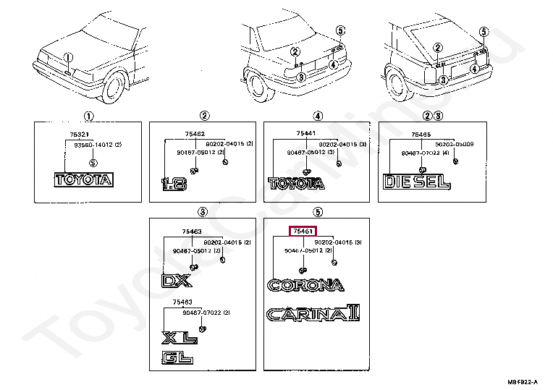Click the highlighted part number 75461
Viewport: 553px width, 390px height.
(x=302, y=232)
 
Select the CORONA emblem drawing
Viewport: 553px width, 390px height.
(x=305, y=284)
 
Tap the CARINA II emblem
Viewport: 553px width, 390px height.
(x=313, y=314)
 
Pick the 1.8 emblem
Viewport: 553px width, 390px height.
(x=174, y=184)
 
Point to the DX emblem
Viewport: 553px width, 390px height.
(x=176, y=280)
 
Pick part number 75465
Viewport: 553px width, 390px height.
(x=421, y=135)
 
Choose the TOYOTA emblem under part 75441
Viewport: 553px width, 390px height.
(x=297, y=184)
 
